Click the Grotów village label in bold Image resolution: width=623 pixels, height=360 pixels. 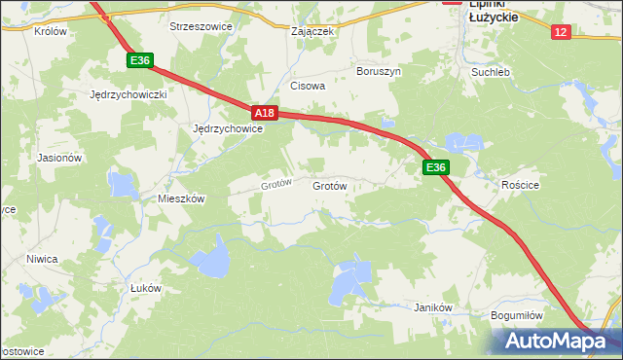(329, 184)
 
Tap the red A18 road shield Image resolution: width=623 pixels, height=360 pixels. (268, 113)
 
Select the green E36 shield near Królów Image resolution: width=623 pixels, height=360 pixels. (140, 60)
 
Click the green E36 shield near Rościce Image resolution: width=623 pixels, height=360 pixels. (435, 167)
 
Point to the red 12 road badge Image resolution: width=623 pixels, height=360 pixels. (559, 32)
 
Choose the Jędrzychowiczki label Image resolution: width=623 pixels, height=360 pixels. (128, 95)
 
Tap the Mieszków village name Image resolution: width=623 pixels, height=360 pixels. (181, 198)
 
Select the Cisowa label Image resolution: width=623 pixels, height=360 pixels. (308, 86)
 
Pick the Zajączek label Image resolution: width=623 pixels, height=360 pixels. (313, 31)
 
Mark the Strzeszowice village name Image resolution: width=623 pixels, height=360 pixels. (201, 26)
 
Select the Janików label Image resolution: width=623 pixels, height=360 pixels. (434, 306)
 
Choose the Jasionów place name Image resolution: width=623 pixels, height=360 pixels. (59, 157)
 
